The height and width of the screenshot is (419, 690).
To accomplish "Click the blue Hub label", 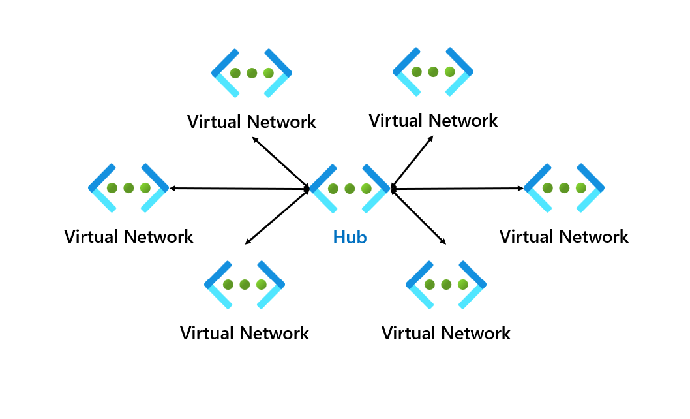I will point(350,238).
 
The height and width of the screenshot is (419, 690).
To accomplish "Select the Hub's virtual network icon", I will point(350,189).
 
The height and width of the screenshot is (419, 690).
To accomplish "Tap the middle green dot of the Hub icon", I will point(350,189).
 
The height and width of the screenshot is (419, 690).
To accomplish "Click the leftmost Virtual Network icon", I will point(128,188).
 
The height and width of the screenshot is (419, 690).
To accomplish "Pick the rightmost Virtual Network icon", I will point(564,188).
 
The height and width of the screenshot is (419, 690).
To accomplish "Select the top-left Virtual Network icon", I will point(252,73).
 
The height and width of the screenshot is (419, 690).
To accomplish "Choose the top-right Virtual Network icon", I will point(433,72).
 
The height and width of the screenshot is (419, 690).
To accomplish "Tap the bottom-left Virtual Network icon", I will point(245,285).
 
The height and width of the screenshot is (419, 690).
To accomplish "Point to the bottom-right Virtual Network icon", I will point(446,285).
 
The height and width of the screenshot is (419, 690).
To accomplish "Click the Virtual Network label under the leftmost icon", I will point(128,236).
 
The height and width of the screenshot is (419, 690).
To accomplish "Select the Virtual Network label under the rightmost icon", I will point(564,236).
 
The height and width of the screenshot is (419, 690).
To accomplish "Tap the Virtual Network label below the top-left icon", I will point(252,122).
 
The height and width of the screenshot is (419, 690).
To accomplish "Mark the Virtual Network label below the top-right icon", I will point(433,121).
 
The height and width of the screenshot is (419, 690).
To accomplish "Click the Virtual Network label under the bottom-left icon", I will point(245,334).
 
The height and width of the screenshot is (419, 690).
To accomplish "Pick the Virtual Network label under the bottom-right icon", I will point(446,334).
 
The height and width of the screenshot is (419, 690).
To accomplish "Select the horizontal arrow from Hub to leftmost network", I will point(239,189).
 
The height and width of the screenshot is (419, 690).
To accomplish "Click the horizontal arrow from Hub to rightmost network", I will point(458,189).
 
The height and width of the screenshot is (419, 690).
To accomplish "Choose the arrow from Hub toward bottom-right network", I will point(419,217).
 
